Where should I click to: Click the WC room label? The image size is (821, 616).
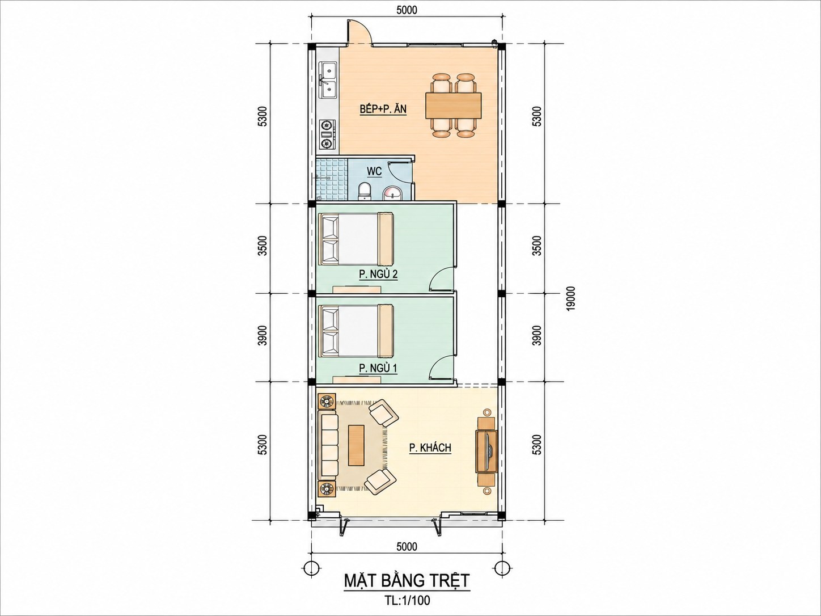(x=374, y=171)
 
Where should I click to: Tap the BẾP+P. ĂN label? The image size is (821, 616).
(x=383, y=109)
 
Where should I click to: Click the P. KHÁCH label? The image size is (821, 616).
(x=430, y=448)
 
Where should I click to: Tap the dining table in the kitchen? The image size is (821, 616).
(x=454, y=106)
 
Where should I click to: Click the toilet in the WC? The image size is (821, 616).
(x=364, y=191)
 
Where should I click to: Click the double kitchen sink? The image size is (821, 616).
(x=66, y=85)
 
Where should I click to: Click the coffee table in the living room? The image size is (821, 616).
(x=357, y=445)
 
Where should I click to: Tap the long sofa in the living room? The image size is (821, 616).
(x=328, y=445)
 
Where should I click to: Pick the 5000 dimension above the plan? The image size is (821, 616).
(x=407, y=10)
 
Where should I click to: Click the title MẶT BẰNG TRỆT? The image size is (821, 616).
(x=407, y=581)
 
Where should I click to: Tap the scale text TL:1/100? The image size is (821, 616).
(x=407, y=601)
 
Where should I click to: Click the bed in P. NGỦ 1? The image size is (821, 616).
(x=356, y=331)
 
